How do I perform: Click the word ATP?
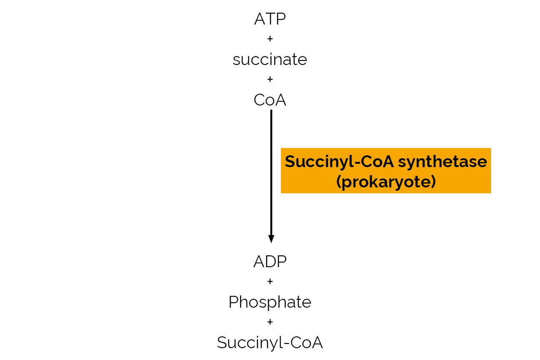[x=270, y=19]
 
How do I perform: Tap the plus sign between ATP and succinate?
[x=270, y=39]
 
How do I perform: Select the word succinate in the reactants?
[x=270, y=60]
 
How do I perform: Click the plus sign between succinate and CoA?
[x=270, y=79]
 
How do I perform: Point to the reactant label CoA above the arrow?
[x=270, y=100]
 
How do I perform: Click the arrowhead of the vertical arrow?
[x=271, y=239]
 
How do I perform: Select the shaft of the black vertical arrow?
[x=271, y=169]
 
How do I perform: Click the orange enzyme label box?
[x=386, y=171]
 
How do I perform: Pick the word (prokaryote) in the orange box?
[x=386, y=182]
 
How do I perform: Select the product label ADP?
[x=270, y=262]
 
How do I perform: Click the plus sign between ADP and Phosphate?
[x=270, y=282]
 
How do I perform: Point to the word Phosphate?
[x=270, y=302]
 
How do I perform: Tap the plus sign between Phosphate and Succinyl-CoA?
[x=270, y=322]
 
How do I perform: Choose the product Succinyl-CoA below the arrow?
[x=270, y=342]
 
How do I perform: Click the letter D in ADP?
[x=271, y=262]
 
